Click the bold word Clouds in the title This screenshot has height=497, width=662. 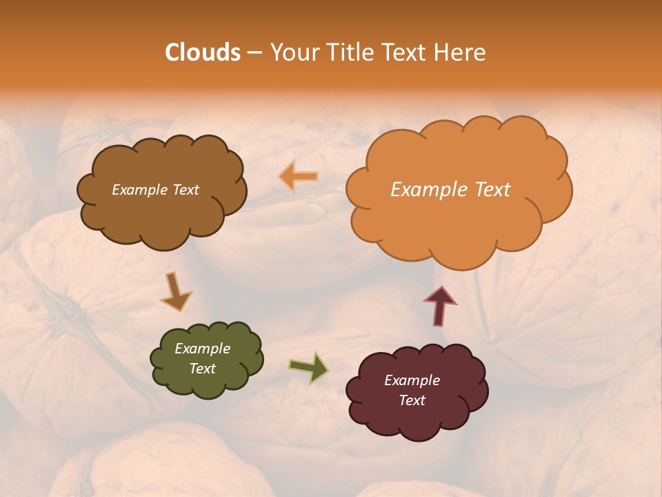click(202, 52)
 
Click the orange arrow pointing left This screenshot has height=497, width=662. click(299, 177)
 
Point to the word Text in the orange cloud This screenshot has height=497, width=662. click(493, 190)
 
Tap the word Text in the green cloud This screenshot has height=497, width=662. click(203, 369)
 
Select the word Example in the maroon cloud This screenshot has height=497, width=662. click(412, 380)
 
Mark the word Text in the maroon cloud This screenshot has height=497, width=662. click(412, 400)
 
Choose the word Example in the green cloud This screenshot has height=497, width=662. click(203, 349)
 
